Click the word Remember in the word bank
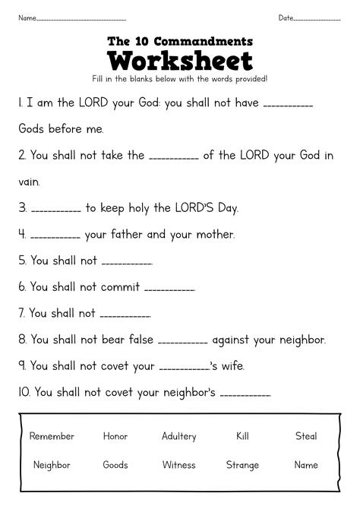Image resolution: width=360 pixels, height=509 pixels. click(52, 436)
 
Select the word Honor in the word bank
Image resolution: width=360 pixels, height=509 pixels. click(115, 436)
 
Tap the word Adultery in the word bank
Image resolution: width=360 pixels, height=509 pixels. click(179, 436)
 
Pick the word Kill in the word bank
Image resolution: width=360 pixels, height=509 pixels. click(243, 436)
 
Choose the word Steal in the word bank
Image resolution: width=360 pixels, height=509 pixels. click(306, 436)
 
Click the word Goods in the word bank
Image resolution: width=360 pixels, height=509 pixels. click(115, 464)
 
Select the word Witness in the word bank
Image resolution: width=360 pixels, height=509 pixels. click(179, 464)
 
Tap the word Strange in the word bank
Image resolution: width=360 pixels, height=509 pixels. click(243, 464)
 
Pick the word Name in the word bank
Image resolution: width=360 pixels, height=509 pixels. click(306, 464)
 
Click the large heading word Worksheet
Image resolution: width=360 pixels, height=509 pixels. click(179, 60)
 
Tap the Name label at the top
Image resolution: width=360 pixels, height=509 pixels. click(27, 17)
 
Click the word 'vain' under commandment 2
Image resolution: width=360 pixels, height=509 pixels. click(30, 182)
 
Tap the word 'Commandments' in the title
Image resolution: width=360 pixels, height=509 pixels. click(201, 40)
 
